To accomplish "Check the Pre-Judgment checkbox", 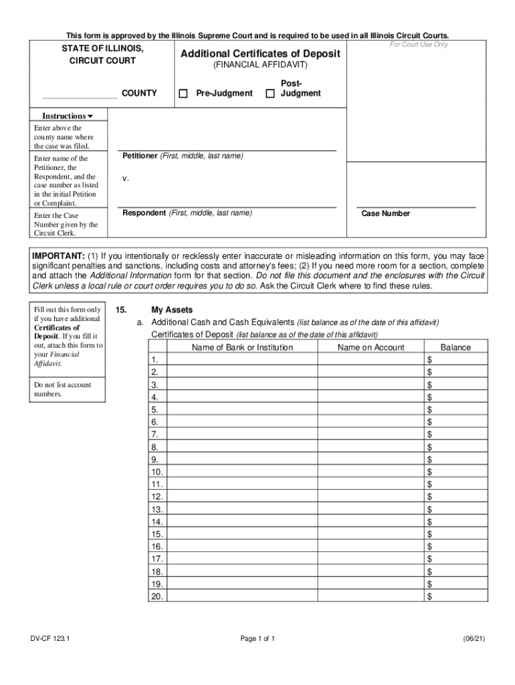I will (x=183, y=94).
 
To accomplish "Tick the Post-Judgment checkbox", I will (x=270, y=94).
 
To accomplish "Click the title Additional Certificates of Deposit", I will (x=260, y=54).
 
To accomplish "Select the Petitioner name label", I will (x=183, y=156).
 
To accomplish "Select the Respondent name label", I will (x=187, y=213).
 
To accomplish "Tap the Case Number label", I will (x=386, y=213).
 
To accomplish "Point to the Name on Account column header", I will (x=371, y=347).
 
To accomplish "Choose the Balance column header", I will (x=455, y=347).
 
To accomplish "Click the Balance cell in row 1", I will (x=458, y=360).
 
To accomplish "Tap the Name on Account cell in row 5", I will (x=371, y=409).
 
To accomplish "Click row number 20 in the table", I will (x=157, y=595).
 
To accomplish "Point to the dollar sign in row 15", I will (x=429, y=534).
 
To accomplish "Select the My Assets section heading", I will (x=172, y=310).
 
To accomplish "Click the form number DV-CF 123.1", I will (x=50, y=639).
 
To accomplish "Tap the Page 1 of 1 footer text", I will (x=257, y=639).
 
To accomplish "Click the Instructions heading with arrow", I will (x=68, y=116).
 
